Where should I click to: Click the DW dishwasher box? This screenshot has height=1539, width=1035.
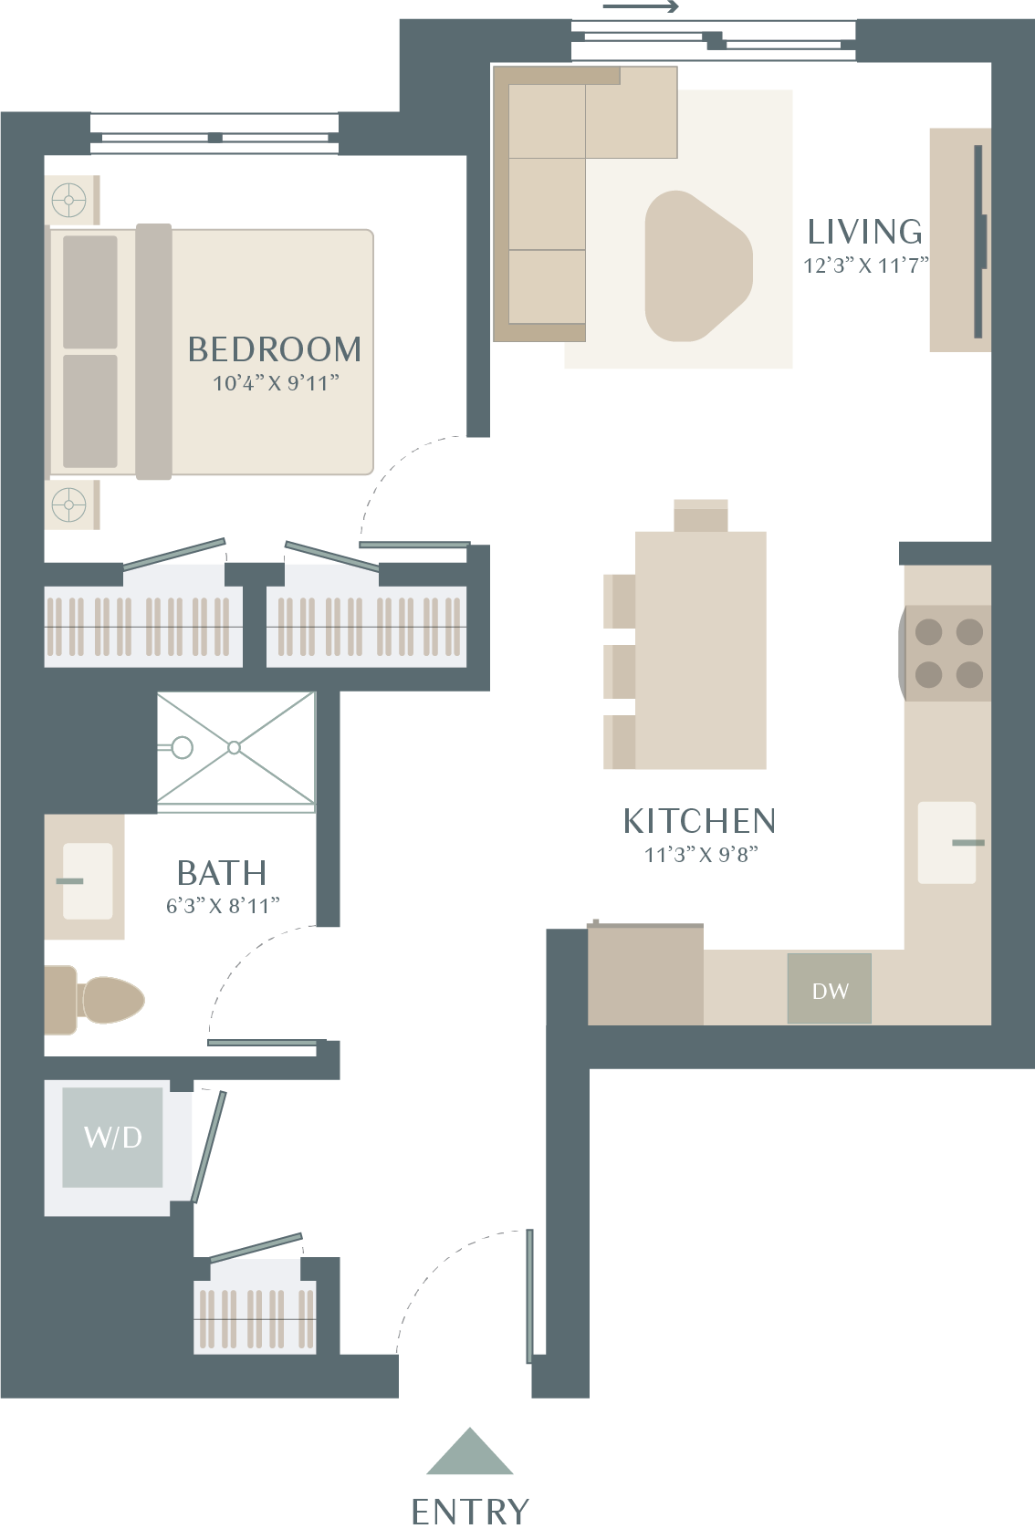[829, 988]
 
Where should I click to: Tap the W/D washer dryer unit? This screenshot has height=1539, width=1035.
[112, 1137]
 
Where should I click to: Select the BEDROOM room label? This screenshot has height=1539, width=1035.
[274, 349]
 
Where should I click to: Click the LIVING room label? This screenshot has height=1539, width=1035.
[864, 232]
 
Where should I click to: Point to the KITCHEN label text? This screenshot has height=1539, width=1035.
[700, 821]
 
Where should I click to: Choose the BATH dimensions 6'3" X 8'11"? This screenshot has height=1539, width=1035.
[223, 906]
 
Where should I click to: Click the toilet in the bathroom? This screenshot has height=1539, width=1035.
[94, 1000]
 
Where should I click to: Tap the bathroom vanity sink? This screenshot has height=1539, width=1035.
[88, 881]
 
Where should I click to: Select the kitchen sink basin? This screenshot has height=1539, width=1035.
[947, 842]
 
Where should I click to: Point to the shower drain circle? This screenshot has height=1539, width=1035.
[235, 747]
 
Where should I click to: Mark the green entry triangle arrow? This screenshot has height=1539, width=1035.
[469, 1451]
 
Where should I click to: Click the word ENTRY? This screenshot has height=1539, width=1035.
[470, 1512]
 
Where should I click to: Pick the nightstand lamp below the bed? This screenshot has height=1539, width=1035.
[68, 505]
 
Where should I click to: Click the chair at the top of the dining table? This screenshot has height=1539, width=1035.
[700, 515]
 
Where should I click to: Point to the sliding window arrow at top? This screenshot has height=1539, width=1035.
[641, 7]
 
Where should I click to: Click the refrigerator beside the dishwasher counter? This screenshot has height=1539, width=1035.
[645, 974]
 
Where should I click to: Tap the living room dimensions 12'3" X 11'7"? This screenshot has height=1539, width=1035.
[866, 265]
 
